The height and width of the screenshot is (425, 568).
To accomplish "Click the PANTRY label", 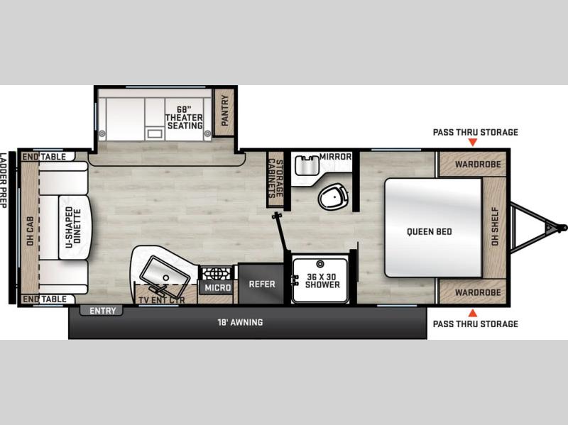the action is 225,111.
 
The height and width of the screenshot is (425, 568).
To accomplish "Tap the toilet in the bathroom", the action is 334,197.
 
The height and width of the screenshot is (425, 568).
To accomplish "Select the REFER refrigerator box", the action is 261,284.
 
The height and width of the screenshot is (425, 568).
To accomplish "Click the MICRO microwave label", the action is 218,288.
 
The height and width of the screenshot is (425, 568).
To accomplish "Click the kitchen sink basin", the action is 165,274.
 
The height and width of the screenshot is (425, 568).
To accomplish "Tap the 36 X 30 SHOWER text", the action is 322,280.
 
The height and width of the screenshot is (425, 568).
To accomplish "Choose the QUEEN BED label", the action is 430,232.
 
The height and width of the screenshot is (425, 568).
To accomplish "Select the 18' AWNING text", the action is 240,322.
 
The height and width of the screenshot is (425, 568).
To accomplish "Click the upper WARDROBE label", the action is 478,165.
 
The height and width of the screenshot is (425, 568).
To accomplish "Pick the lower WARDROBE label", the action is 478,292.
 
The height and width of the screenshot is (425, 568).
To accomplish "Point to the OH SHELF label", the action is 495,226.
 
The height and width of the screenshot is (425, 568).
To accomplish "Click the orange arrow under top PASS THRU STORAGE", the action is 472,143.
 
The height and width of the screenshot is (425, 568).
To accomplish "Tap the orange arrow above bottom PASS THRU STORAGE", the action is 472,313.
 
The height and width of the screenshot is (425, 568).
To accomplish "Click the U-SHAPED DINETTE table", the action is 75,227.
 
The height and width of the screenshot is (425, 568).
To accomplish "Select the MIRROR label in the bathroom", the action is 335,156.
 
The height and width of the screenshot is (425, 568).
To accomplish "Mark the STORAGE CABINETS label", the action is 275,178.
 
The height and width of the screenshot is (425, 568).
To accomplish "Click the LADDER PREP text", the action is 4,180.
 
